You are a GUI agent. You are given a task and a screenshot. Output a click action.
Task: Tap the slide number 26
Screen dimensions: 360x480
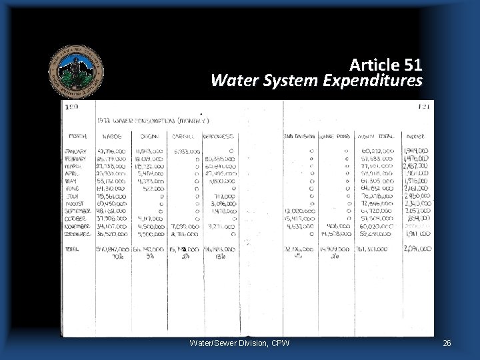click(447, 343)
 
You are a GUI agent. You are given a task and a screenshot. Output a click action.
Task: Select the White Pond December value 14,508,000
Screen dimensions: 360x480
click(335, 234)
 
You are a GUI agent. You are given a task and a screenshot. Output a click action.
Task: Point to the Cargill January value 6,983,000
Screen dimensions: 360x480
click(186, 151)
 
